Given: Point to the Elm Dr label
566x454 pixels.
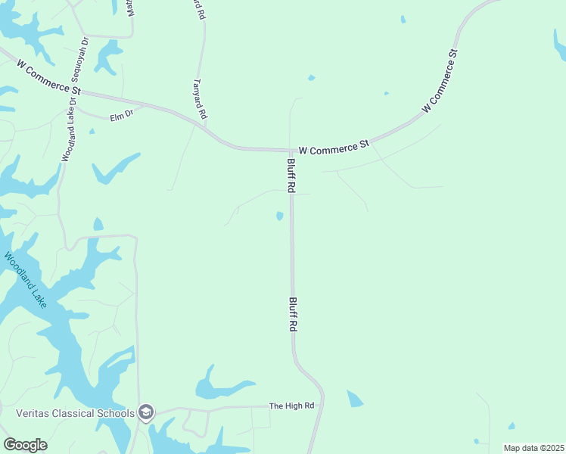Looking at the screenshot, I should click(121, 117).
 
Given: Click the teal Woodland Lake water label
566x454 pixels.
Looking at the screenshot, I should click(26, 280).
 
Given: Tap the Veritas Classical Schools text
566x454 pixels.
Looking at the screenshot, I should click(76, 413).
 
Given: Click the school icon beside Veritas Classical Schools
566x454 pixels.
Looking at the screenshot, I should click(146, 412).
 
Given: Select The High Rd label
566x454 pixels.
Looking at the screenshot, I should click(291, 406).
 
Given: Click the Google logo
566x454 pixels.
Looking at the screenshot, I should click(25, 445).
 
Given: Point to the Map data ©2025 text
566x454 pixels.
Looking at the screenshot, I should click(533, 448).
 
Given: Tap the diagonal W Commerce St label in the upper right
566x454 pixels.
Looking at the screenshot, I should click(440, 82).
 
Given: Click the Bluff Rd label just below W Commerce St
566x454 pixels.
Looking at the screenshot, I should click(290, 175).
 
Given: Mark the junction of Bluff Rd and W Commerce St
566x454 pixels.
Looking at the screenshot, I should click(291, 151).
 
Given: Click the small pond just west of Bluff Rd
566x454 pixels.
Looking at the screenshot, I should click(280, 216).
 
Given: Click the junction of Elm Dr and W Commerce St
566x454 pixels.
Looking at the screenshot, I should click(144, 105).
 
